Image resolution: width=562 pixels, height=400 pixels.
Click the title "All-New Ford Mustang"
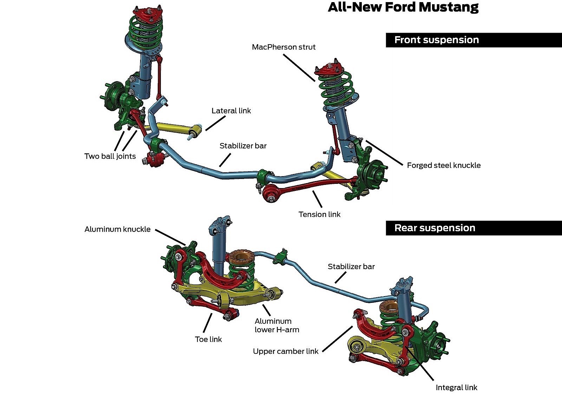click(403, 7)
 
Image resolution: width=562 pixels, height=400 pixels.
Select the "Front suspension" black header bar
click(473, 40)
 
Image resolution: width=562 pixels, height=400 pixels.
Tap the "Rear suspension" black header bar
click(473, 228)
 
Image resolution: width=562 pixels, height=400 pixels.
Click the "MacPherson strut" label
click(284, 47)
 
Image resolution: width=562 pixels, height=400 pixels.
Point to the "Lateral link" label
click(231, 111)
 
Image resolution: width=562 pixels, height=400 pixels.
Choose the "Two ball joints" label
click(110, 156)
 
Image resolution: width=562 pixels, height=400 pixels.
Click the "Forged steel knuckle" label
click(444, 165)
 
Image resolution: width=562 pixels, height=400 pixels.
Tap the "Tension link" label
click(319, 214)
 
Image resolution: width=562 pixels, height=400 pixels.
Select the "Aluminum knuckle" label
click(117, 229)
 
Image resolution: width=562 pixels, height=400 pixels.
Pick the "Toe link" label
click(208, 339)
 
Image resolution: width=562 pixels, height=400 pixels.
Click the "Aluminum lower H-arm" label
click(277, 326)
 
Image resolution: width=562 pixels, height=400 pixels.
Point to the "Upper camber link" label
click(286, 351)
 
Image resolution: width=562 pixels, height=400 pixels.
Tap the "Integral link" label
click(456, 388)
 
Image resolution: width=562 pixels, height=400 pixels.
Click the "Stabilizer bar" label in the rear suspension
click(351, 267)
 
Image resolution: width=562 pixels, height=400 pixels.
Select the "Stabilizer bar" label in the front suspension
click(243, 146)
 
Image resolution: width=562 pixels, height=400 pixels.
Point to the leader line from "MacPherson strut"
click(299, 67)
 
